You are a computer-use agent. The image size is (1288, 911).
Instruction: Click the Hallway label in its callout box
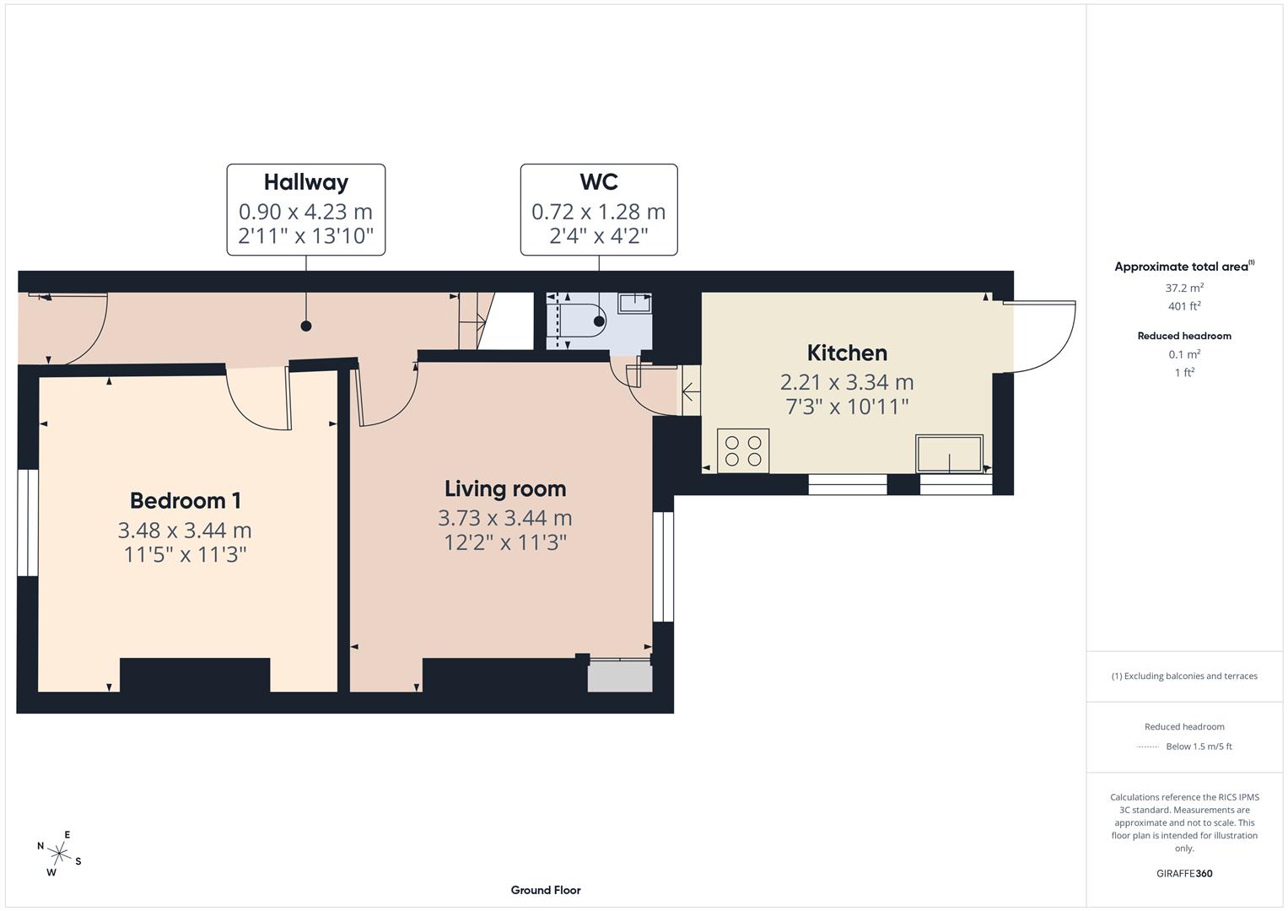point(305,182)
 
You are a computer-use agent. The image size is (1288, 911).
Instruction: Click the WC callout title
point(599,182)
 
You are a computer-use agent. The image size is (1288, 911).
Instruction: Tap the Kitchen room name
point(847,353)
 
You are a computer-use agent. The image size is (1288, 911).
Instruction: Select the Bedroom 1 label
point(186,500)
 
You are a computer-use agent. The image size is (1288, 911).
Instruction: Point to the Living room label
point(505,488)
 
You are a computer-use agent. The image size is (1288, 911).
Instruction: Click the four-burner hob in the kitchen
point(743,450)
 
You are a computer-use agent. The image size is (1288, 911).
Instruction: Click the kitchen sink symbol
point(950,454)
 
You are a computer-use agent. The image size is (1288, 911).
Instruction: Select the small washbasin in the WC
point(634,303)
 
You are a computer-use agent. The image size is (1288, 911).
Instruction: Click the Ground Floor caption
point(546,890)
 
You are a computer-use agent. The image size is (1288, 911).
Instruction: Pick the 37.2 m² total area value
point(1184,288)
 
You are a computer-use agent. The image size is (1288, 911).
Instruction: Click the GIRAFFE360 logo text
point(1184,873)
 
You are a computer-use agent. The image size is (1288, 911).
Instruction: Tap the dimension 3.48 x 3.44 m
point(185,530)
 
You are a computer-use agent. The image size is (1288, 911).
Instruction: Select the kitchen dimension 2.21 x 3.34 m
point(847,382)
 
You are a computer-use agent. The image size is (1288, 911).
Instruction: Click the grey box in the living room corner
point(620,677)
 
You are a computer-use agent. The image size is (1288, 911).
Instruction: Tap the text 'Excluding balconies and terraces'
point(1190,676)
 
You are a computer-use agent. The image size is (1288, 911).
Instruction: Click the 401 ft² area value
point(1184,306)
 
